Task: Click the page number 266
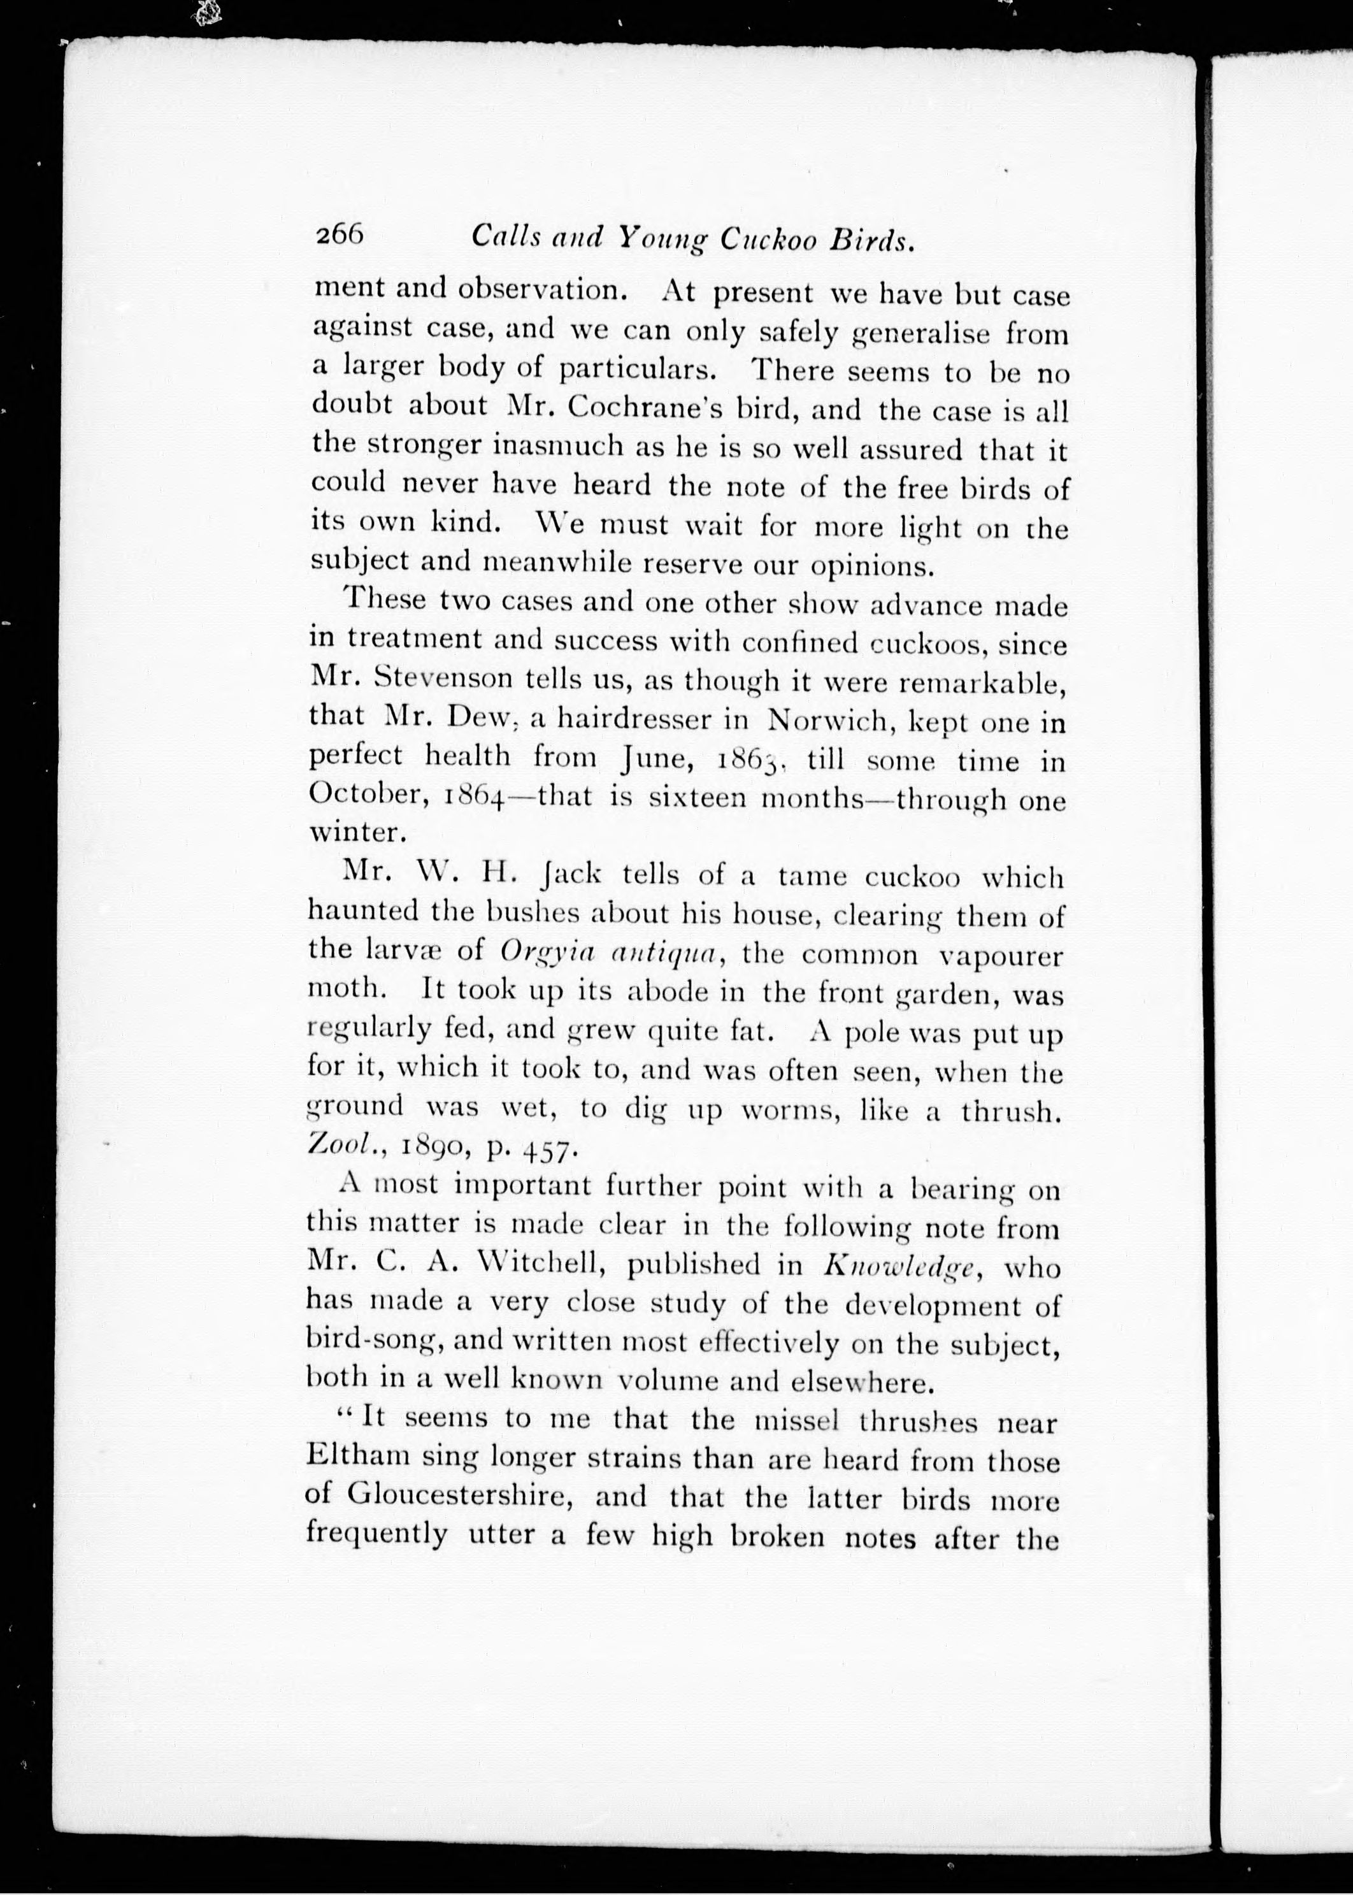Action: coord(340,236)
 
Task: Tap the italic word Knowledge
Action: coord(900,1267)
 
